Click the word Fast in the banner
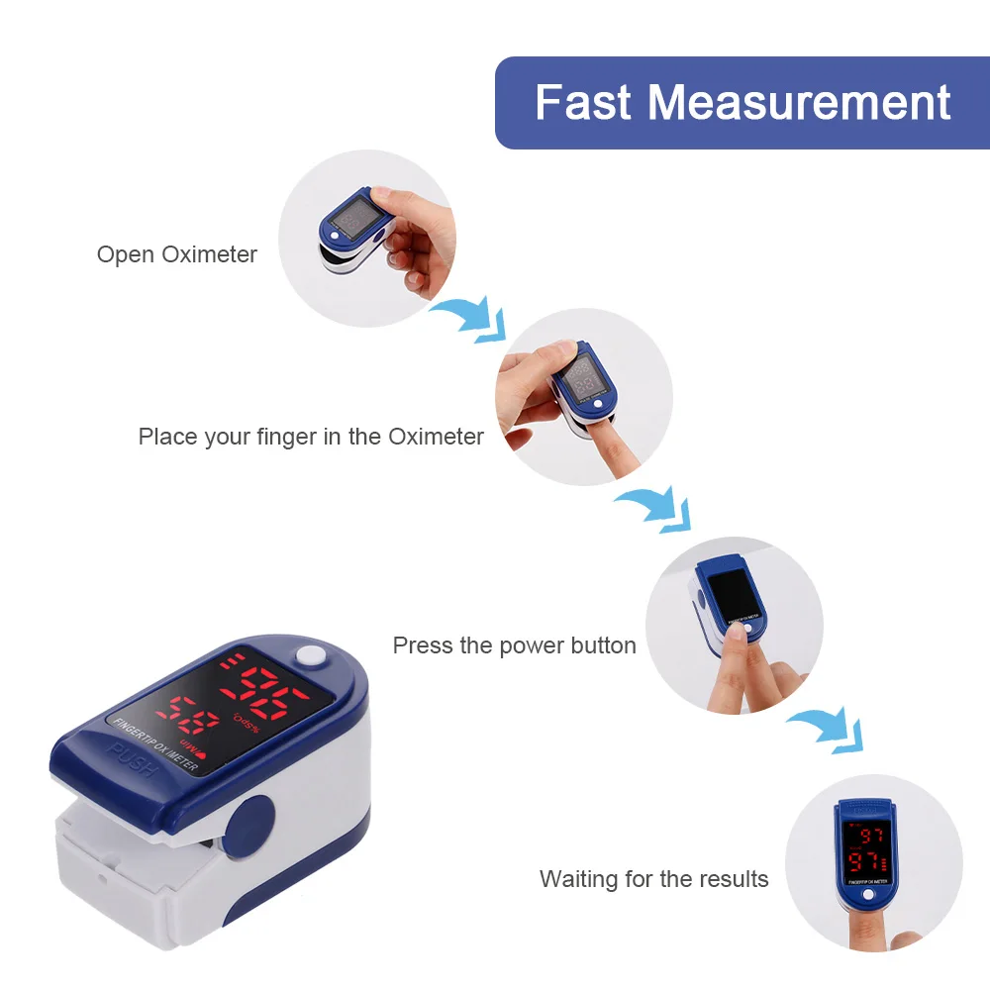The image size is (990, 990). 582,103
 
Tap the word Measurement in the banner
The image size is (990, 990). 799,103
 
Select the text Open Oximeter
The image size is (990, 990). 176,254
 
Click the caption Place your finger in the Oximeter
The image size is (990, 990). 311,437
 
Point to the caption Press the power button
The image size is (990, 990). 514,645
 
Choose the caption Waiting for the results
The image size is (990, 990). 653,878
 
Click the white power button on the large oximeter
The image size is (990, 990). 312,655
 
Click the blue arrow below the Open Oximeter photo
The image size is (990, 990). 470,318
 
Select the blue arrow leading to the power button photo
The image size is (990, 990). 653,508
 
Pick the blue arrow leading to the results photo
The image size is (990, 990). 827,728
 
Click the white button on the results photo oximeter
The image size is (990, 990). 867,894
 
